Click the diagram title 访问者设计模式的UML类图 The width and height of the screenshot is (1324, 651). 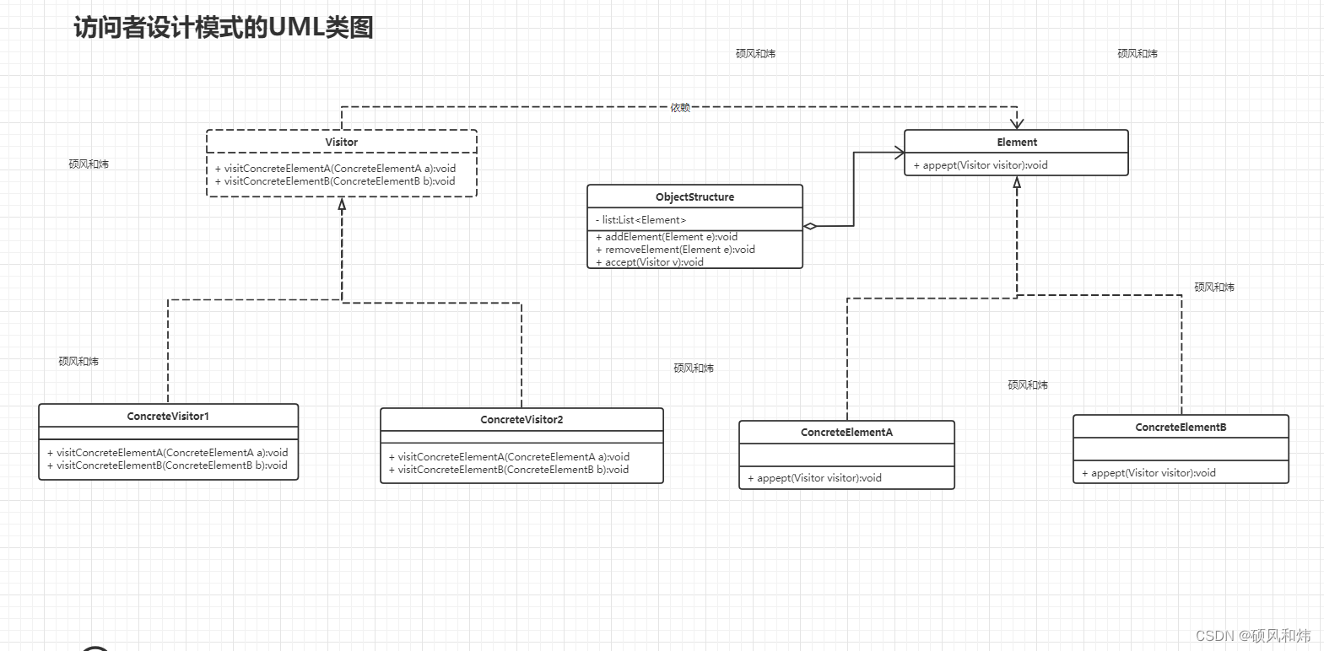(x=224, y=27)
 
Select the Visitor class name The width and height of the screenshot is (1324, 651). (x=342, y=143)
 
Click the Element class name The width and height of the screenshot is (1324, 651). (x=1017, y=143)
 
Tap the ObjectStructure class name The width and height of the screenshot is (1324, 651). (x=694, y=197)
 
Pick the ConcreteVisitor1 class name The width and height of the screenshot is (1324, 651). (x=168, y=417)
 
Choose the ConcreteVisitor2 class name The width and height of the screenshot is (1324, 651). (x=521, y=420)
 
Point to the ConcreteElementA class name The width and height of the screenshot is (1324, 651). (x=846, y=433)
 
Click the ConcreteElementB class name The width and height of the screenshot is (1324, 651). (x=1181, y=428)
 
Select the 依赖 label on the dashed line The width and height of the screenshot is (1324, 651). (x=680, y=108)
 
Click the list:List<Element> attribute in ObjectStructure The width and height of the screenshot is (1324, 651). (x=644, y=220)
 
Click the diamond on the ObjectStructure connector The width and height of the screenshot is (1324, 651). (x=810, y=226)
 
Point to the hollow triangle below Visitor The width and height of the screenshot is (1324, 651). (x=342, y=204)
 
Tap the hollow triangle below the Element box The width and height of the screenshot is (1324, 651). (x=1017, y=182)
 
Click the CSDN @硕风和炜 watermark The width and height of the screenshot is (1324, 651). (x=1253, y=636)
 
